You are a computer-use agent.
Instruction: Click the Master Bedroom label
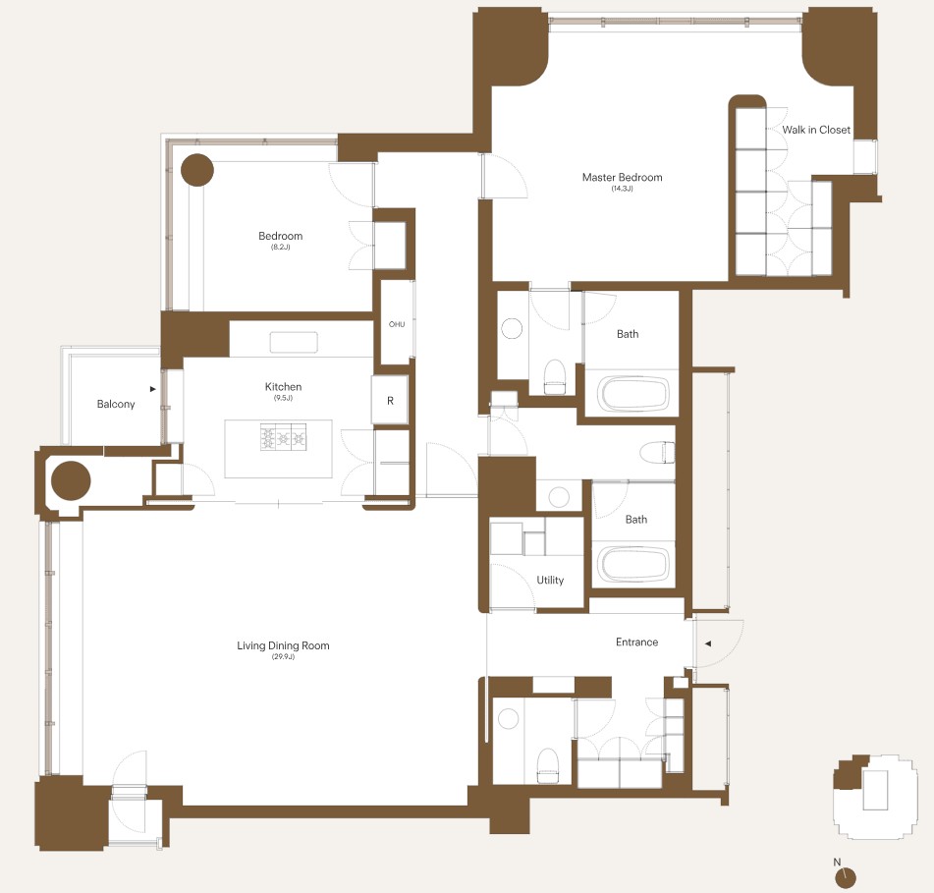tap(622, 177)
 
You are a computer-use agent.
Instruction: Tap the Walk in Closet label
tap(816, 130)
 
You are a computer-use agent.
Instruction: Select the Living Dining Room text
tap(283, 645)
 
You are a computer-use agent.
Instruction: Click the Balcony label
tap(116, 404)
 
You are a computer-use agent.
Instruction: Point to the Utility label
tap(550, 580)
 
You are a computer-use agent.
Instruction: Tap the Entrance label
tap(636, 642)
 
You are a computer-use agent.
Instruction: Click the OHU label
tap(397, 324)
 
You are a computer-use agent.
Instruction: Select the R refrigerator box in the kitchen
tap(390, 400)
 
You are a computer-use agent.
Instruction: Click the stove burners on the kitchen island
tap(283, 437)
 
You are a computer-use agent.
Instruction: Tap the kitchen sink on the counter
tap(294, 343)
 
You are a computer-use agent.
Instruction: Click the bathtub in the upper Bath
tap(632, 394)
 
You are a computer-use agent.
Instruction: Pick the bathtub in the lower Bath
tap(633, 564)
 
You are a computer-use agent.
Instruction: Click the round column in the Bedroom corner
tap(197, 170)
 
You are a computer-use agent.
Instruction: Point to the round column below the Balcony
tap(71, 480)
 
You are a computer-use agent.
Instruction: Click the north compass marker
tap(846, 877)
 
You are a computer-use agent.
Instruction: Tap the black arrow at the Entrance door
tap(708, 643)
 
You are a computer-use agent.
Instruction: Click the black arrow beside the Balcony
tap(153, 389)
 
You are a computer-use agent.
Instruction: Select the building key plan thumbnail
tap(873, 797)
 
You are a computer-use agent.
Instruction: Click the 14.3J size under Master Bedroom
tap(622, 189)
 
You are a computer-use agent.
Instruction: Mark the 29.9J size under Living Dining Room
tap(283, 656)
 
